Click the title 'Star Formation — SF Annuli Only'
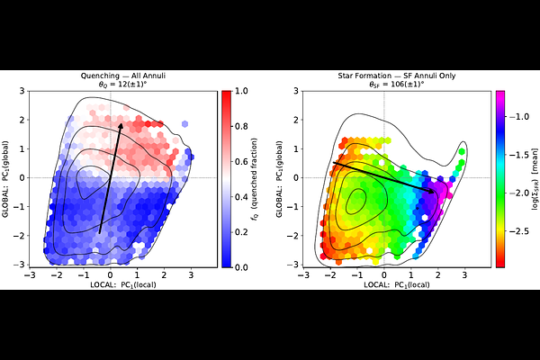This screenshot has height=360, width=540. (383, 76)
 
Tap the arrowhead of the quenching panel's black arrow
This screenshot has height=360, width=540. (121, 124)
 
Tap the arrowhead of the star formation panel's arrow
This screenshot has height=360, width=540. (435, 192)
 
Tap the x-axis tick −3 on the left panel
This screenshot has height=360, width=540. (30, 275)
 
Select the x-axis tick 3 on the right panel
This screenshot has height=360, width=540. (464, 275)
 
